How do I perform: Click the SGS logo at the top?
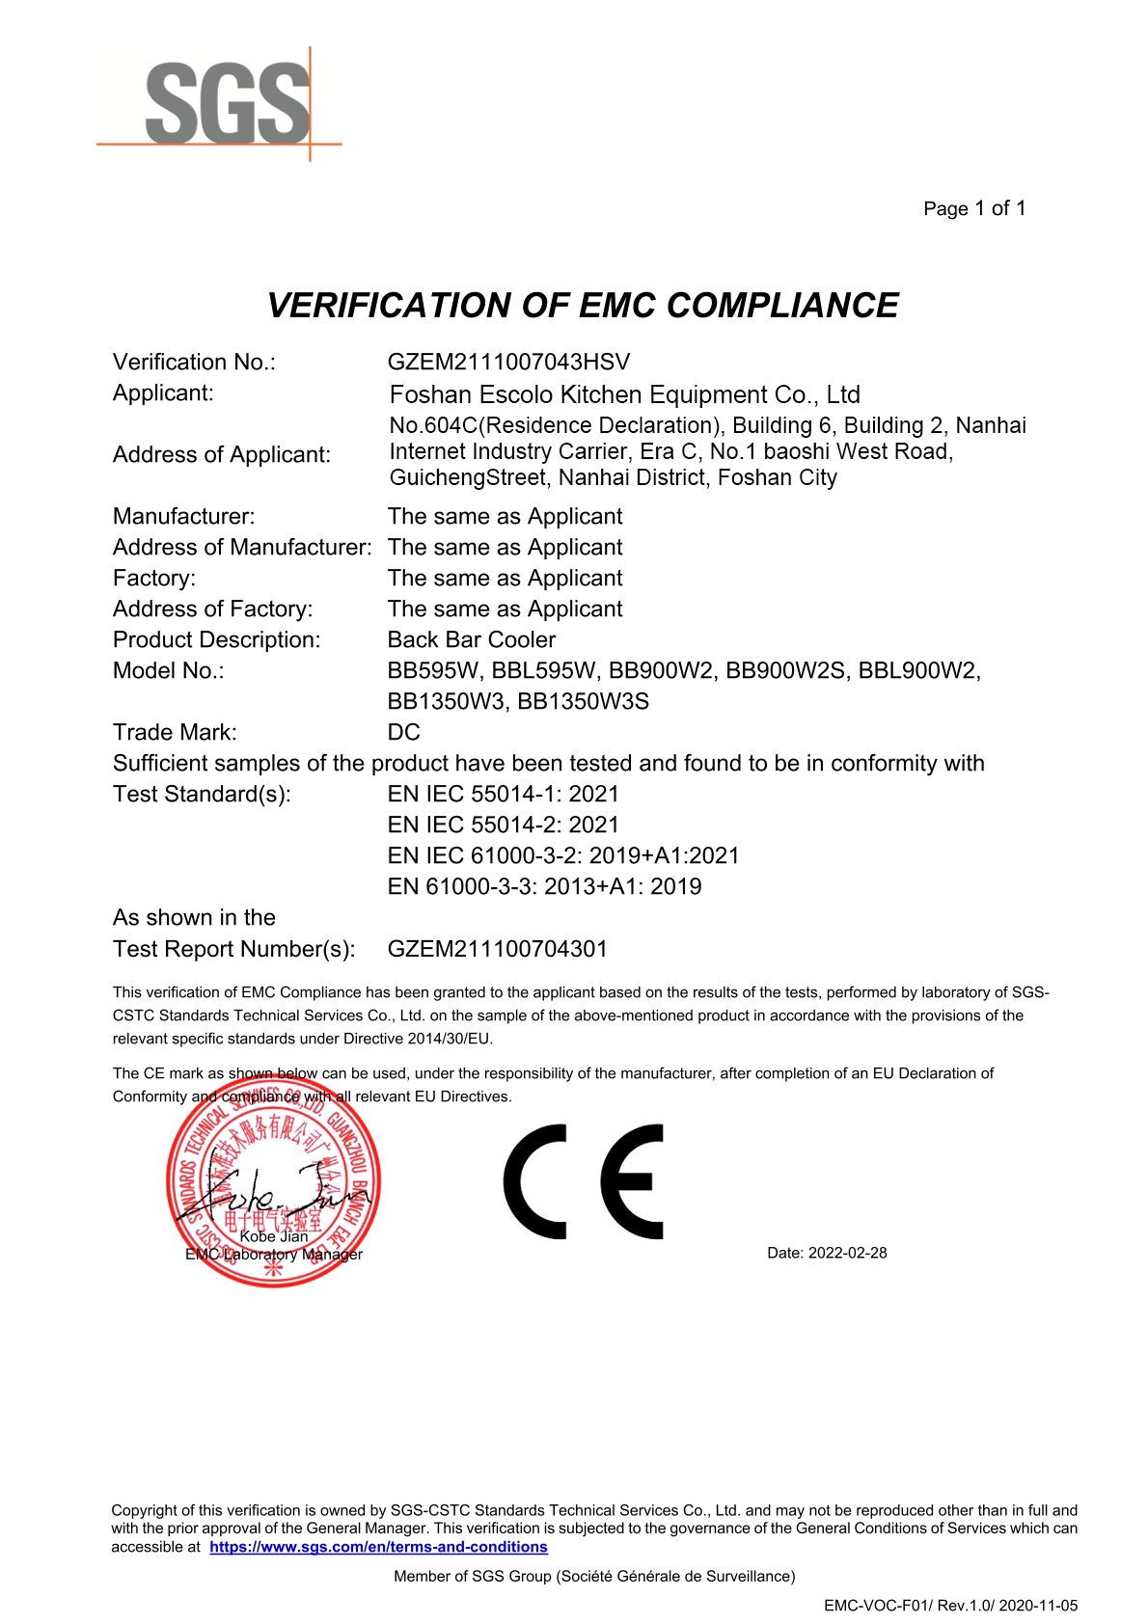(228, 104)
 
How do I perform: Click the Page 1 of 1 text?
(973, 208)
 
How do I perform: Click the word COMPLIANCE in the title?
(781, 306)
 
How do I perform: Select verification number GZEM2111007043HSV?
(507, 363)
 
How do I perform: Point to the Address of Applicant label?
(221, 454)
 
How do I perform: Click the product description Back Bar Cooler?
(471, 639)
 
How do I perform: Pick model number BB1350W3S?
(583, 701)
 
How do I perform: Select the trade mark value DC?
(403, 732)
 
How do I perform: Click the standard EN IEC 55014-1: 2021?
(503, 794)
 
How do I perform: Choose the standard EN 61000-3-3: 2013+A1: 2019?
(544, 886)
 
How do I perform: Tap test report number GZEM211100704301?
(497, 949)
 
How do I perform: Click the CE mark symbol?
(583, 1181)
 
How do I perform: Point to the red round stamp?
(274, 1182)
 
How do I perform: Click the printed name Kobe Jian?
(274, 1236)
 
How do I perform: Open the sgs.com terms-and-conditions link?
(378, 1547)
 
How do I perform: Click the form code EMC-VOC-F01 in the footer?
(876, 1606)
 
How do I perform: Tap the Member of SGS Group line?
(594, 1576)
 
